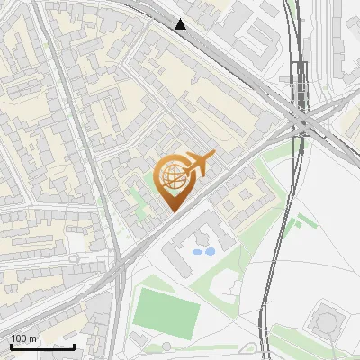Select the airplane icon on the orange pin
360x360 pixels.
coord(198,166)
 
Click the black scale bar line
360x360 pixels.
coord(42,346)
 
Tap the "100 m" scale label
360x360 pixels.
coord(23,338)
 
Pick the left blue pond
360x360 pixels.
coord(198,252)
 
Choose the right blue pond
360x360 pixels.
coord(210,252)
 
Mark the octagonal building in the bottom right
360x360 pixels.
coord(326,319)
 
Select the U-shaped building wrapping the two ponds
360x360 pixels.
coord(193,241)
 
